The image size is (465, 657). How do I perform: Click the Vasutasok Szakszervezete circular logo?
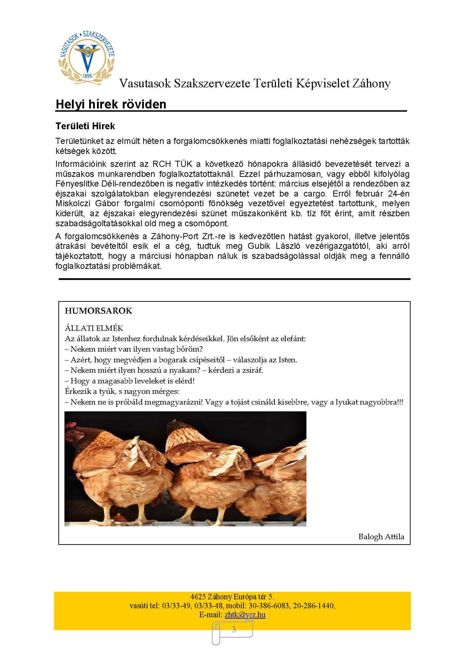[86, 58]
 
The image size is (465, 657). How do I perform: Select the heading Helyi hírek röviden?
[111, 104]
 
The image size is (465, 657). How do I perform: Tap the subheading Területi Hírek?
[85, 126]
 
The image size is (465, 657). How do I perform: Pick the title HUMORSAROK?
[99, 311]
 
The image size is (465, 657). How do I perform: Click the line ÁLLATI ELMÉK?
[94, 328]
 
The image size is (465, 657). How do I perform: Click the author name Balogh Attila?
[381, 537]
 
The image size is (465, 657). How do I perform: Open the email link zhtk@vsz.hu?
[245, 615]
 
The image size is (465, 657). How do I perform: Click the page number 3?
[234, 629]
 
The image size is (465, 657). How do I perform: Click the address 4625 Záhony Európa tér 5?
[232, 597]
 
